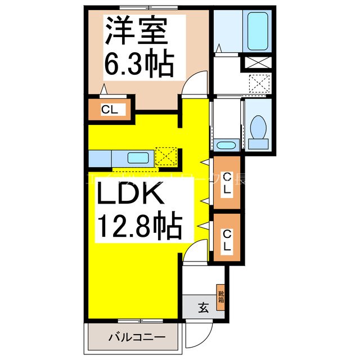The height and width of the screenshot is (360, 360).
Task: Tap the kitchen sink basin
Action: click(137, 157)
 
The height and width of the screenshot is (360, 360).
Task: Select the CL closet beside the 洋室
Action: click(110, 110)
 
